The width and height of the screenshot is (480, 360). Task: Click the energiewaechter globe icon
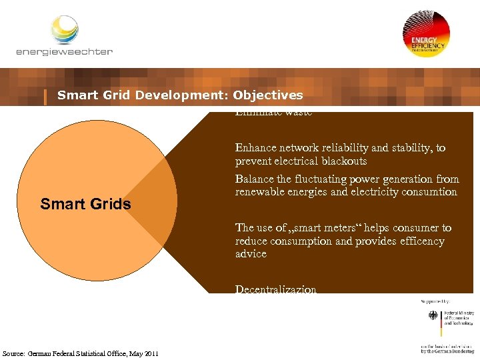[x=65, y=30]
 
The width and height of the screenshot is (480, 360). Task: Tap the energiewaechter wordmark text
[x=64, y=51]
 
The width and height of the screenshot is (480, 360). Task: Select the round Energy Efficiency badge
[x=426, y=34]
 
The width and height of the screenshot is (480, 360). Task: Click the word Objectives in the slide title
[x=268, y=95]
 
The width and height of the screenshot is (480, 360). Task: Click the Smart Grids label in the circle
[x=85, y=204]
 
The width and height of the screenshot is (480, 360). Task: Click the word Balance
[x=253, y=179]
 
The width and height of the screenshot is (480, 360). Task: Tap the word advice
[x=251, y=254]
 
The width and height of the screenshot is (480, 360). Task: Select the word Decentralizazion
[x=275, y=289]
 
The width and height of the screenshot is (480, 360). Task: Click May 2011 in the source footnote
[x=144, y=353]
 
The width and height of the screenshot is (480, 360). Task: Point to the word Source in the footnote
[x=14, y=353]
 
